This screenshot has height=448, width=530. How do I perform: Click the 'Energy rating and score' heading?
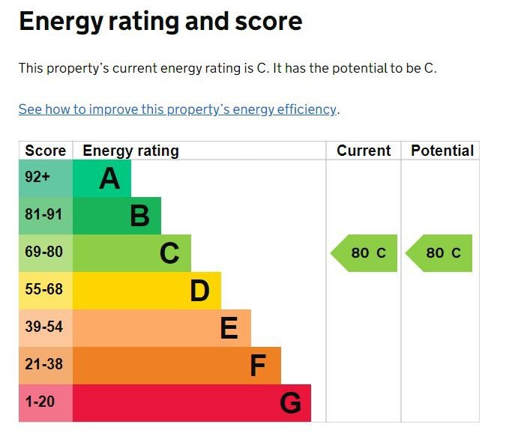coord(160,21)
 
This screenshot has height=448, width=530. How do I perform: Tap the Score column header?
coord(46,151)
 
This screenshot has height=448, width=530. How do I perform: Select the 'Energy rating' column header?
coord(130,151)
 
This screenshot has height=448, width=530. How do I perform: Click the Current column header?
coord(364,151)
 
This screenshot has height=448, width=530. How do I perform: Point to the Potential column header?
coord(442,151)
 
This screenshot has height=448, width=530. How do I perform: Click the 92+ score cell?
coord(37,178)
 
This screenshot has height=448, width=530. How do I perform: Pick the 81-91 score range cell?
coord(43,215)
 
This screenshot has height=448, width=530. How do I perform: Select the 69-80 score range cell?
coord(43,252)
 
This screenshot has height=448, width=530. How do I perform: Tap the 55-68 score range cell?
coord(43,290)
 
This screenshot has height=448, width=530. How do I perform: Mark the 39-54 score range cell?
coord(43,327)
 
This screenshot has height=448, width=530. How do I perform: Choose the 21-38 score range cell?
coord(43,365)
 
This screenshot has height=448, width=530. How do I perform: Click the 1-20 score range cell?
coord(40,402)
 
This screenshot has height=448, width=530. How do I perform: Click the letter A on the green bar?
coord(109,179)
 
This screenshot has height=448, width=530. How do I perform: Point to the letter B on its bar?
coord(139,217)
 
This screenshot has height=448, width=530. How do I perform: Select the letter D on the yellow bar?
coord(199,291)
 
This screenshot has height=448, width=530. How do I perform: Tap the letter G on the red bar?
coord(290,404)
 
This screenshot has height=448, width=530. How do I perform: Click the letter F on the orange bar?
coord(257,366)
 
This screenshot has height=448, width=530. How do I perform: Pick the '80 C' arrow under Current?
coord(365,253)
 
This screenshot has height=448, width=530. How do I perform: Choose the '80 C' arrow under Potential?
coord(440,253)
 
